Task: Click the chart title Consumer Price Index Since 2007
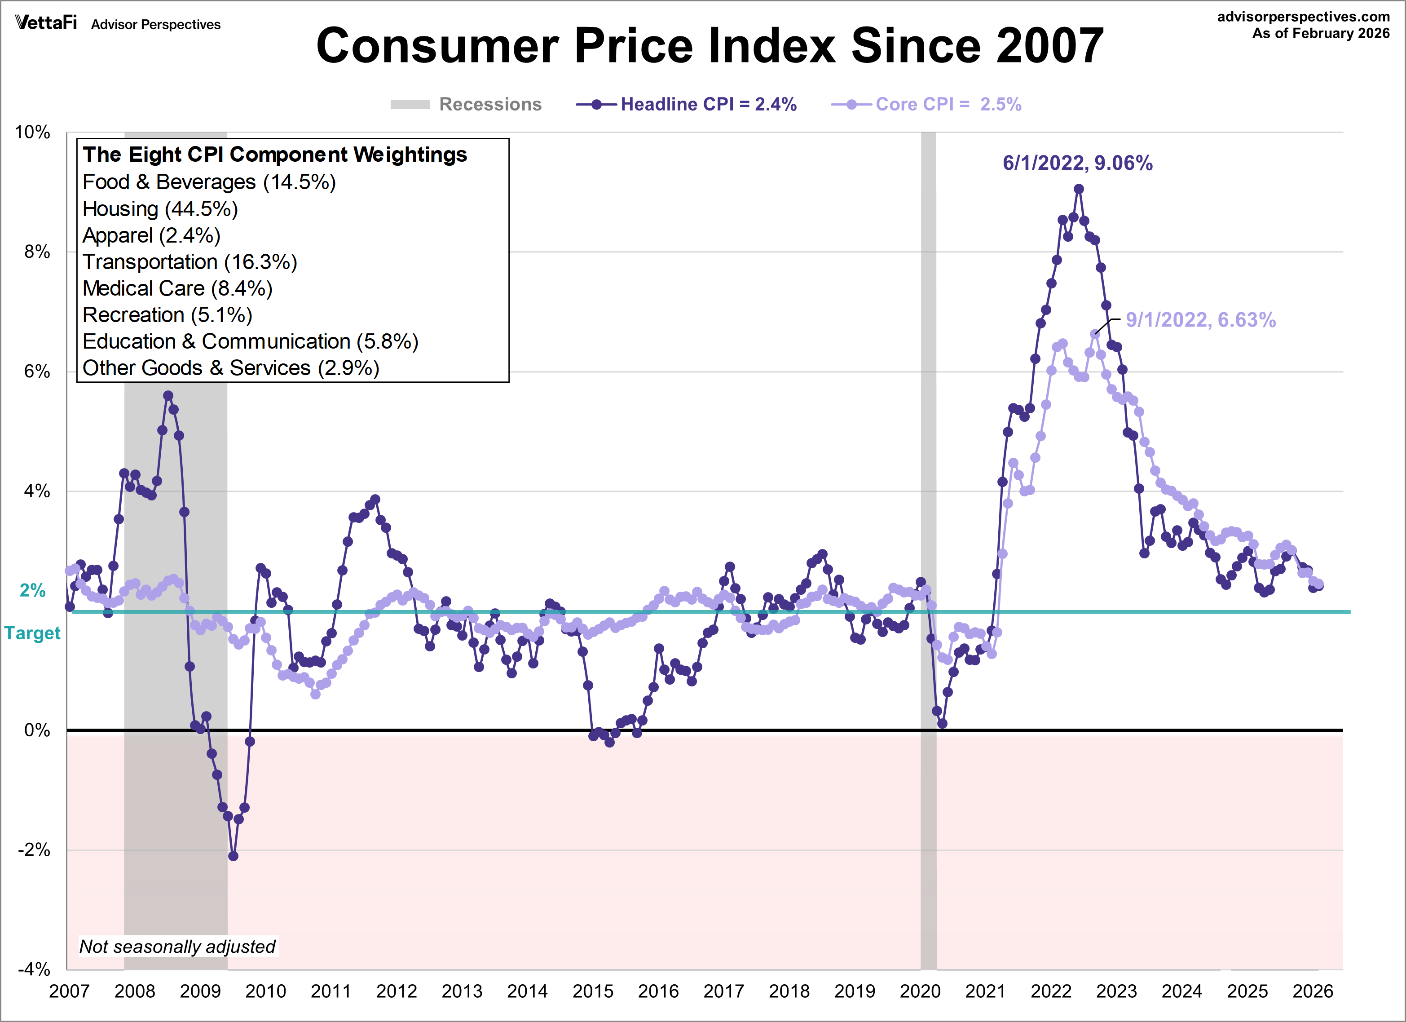(x=710, y=46)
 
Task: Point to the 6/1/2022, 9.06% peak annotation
(x=1077, y=163)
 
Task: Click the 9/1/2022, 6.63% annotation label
(x=1200, y=320)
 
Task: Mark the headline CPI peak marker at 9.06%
(x=1079, y=189)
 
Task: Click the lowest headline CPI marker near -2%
(x=234, y=856)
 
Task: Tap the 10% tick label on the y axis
(x=32, y=132)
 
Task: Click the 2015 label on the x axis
(x=593, y=991)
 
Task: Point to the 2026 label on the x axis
(x=1313, y=991)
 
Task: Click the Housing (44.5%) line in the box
(x=160, y=209)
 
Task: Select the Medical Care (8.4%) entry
(x=177, y=288)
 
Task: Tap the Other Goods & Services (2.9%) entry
(x=231, y=368)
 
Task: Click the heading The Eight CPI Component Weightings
(x=275, y=155)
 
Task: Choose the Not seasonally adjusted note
(x=177, y=947)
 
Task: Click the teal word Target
(x=32, y=633)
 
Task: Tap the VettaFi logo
(x=46, y=23)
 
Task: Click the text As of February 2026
(x=1320, y=34)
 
